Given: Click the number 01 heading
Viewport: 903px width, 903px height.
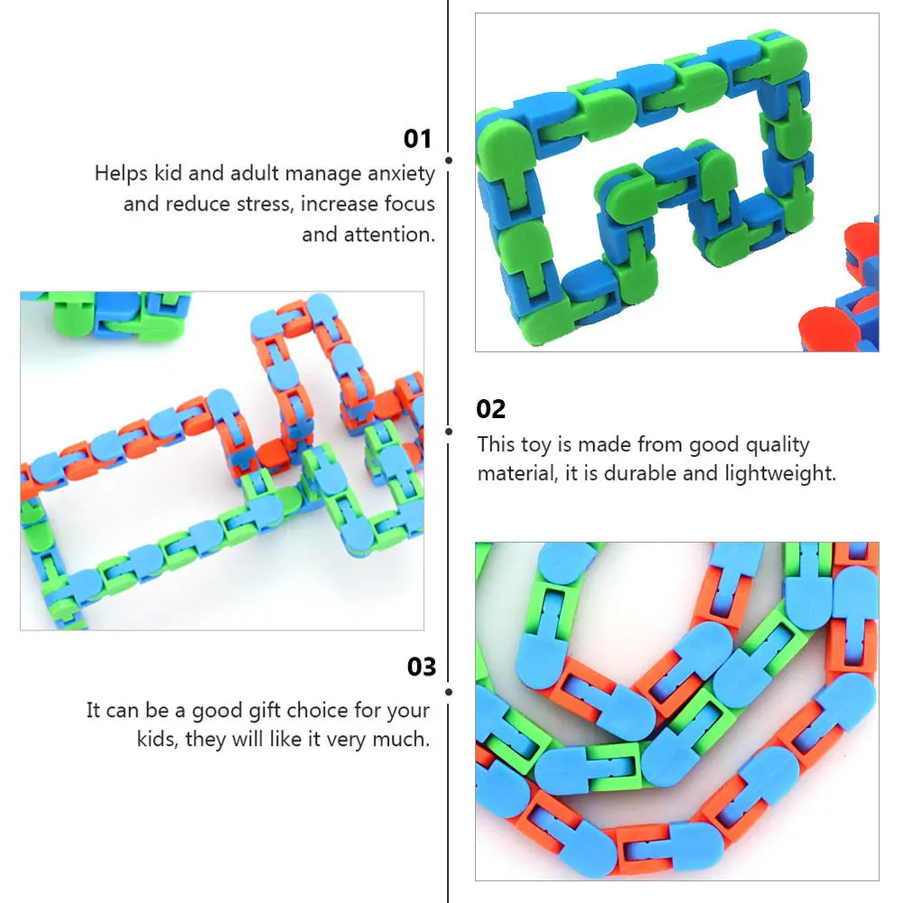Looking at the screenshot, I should click(418, 139).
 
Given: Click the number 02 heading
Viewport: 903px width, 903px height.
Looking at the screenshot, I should click(491, 409).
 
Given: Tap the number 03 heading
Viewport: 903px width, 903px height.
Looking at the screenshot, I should click(422, 667).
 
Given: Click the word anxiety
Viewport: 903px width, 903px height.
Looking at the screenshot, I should click(400, 173).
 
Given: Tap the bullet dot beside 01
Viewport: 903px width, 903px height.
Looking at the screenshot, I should click(449, 160).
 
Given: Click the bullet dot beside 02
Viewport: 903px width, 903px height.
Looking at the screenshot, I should click(449, 432).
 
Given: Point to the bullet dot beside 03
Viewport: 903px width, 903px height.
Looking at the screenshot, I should click(449, 691).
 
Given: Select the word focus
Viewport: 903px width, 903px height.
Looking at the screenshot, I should click(410, 204).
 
